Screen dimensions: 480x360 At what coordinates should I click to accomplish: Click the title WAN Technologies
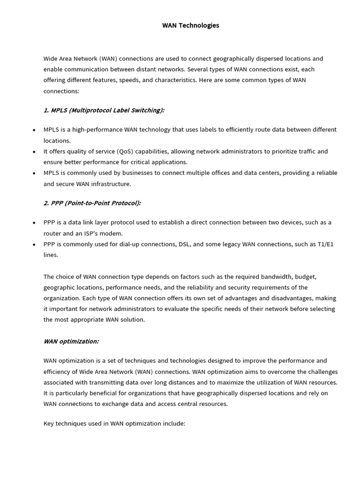pyautogui.click(x=190, y=25)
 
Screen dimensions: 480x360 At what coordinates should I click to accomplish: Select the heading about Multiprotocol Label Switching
pyautogui.click(x=104, y=110)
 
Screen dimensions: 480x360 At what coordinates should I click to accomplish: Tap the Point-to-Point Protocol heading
pyautogui.click(x=92, y=203)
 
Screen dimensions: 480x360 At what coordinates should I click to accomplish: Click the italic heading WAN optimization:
pyautogui.click(x=71, y=341)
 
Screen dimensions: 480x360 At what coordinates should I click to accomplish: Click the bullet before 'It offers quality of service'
pyautogui.click(x=34, y=152)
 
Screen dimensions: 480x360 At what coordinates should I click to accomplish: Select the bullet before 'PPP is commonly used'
pyautogui.click(x=34, y=245)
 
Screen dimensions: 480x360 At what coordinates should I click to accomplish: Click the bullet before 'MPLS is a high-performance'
pyautogui.click(x=34, y=130)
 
